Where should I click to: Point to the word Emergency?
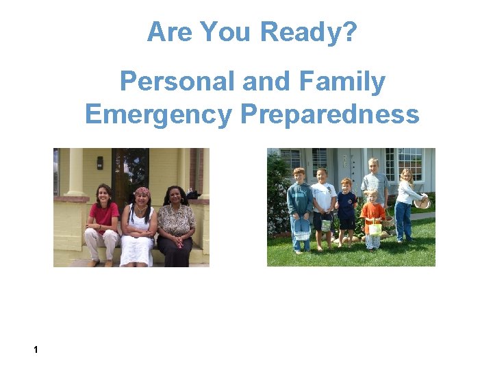[158, 114]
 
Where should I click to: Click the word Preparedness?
[330, 114]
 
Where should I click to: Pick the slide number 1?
[36, 350]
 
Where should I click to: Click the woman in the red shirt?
[102, 223]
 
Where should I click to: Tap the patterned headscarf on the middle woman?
[142, 191]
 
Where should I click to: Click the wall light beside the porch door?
[100, 162]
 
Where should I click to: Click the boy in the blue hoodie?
[299, 206]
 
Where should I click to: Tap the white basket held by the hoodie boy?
[302, 230]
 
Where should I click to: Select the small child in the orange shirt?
[372, 219]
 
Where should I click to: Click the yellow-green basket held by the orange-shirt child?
[375, 228]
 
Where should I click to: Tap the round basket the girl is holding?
[422, 201]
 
